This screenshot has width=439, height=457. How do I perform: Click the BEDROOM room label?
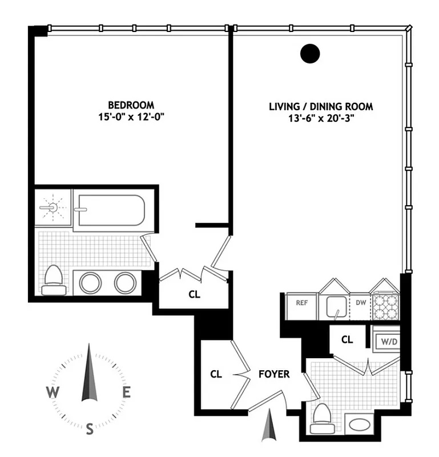point(131,105)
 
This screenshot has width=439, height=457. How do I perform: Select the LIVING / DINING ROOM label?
point(321,107)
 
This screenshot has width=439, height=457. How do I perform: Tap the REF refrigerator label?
point(301,303)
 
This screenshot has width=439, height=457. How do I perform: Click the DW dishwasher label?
point(361,303)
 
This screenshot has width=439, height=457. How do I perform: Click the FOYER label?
point(274,375)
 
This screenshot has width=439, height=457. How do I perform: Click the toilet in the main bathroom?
point(54,280)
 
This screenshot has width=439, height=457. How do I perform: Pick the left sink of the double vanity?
point(90,282)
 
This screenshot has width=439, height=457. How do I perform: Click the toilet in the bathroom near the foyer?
point(321,418)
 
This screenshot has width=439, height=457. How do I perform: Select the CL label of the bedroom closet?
point(194,295)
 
